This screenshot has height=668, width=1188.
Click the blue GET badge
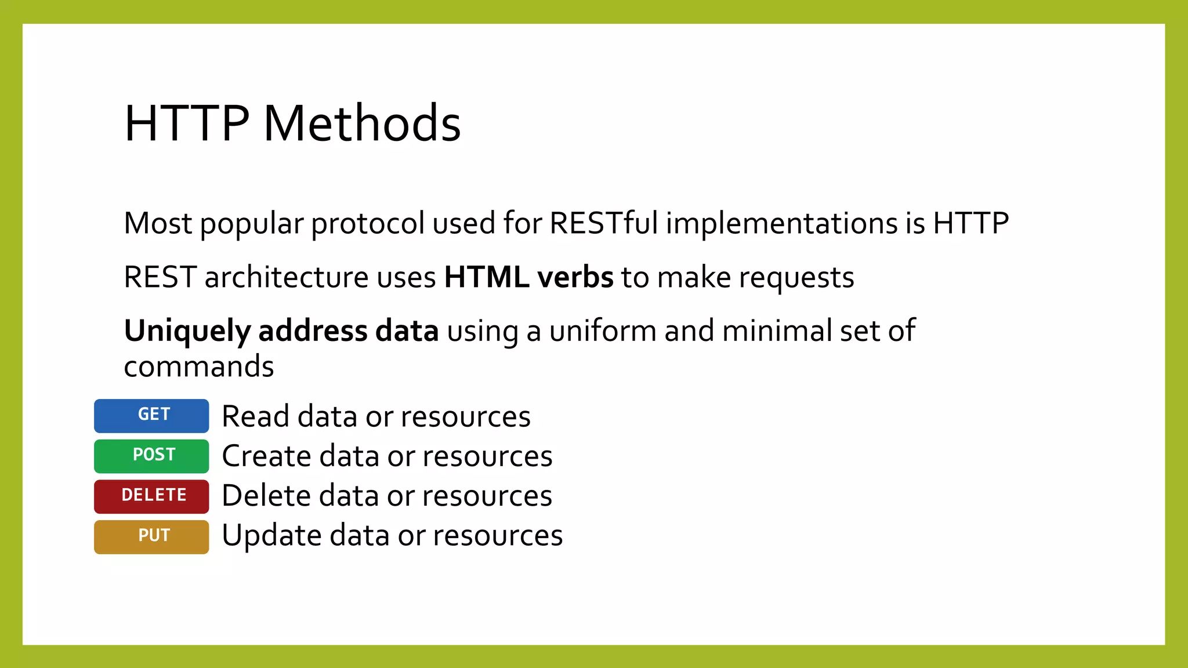pos(151,415)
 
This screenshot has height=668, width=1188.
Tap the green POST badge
pos(151,456)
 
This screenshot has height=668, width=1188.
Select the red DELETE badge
pos(151,496)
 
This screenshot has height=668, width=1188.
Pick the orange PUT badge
pos(151,536)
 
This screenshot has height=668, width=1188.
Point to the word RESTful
pos(603,223)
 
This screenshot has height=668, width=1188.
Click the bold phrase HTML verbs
pos(528,277)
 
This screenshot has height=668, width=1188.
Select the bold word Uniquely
pos(187,332)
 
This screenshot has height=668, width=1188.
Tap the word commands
pos(199,367)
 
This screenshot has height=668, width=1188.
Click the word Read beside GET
pos(255,416)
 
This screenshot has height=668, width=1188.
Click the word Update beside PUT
pos(271,535)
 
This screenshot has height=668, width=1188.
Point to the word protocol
pos(368,224)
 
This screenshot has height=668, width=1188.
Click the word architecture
pos(287,277)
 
